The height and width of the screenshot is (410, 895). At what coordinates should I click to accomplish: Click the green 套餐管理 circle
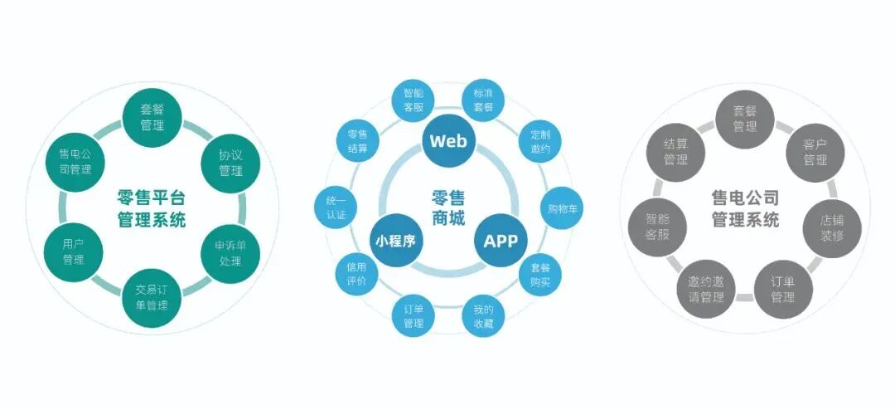point(152,118)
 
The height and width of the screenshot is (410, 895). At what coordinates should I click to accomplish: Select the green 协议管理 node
point(230,163)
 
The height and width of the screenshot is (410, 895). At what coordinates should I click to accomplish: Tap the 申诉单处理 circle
point(230,253)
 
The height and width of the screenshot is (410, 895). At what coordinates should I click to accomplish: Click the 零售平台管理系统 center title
point(152,208)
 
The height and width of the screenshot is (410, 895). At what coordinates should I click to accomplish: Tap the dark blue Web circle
point(447,140)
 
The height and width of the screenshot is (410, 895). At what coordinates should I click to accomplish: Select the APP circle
point(500,241)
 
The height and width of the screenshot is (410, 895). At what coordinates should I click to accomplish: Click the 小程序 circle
point(394,241)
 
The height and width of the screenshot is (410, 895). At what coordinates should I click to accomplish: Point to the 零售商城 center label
point(447,208)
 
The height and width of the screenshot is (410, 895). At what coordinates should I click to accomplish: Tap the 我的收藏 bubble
point(483,316)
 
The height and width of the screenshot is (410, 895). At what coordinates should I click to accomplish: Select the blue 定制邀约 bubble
point(540,141)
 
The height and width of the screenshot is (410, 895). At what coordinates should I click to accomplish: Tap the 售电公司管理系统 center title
point(745,208)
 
